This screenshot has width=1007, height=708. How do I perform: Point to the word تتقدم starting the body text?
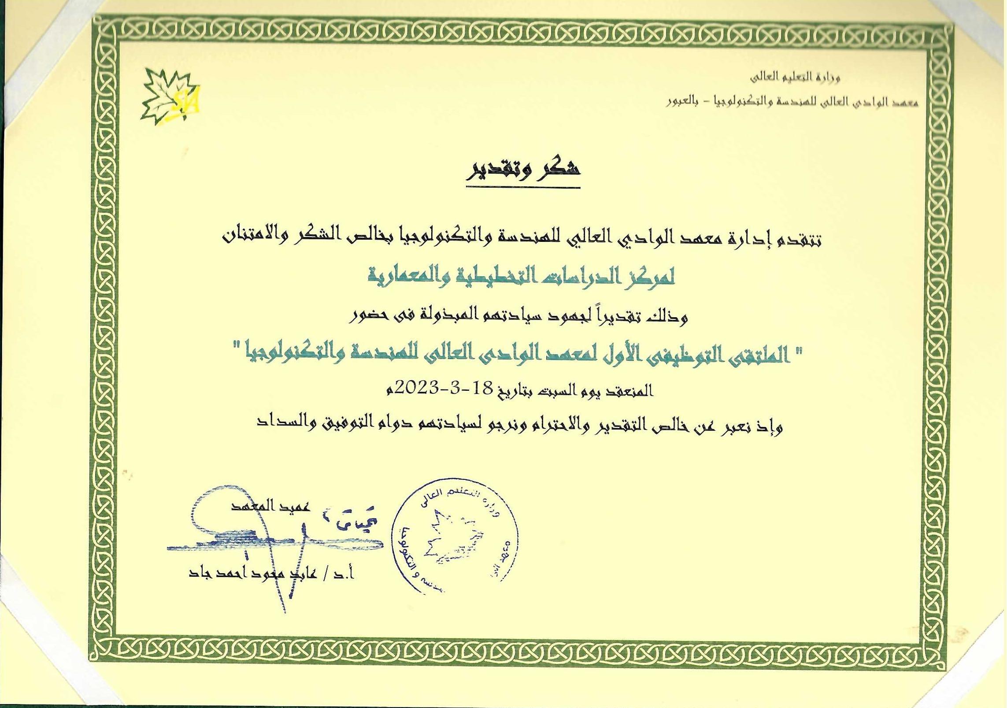[798, 239]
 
